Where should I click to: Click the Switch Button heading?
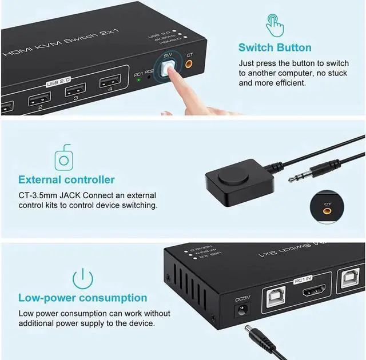[x=275, y=47]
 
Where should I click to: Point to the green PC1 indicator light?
[x=138, y=79]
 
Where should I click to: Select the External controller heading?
[x=66, y=180]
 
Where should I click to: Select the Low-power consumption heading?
[x=82, y=298]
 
